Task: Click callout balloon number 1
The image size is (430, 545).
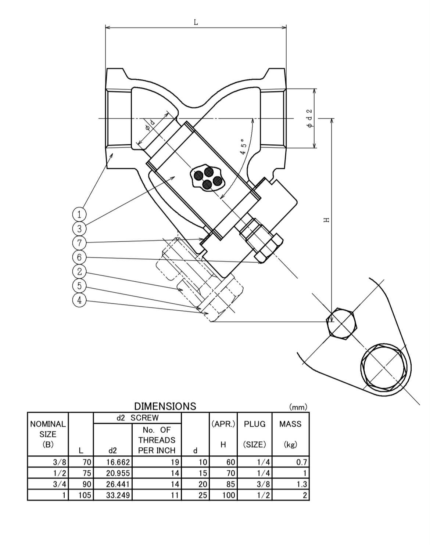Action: [79, 214]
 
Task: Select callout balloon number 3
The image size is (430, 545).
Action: [79, 228]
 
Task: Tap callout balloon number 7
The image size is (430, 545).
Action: [79, 243]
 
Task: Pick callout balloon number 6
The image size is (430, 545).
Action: [79, 257]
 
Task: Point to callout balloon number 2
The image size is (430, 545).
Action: [79, 271]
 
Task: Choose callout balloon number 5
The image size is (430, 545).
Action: [79, 286]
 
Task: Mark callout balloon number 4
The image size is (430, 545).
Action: [79, 300]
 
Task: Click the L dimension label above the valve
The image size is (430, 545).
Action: [196, 22]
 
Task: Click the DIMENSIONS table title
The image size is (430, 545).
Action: [165, 406]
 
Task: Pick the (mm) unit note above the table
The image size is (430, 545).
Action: [298, 407]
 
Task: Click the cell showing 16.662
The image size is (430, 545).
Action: [118, 462]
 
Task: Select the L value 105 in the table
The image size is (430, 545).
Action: [85, 495]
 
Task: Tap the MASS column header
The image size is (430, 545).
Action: [290, 424]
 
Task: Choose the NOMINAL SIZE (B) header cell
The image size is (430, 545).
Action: [48, 434]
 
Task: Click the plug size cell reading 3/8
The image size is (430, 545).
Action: [264, 484]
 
